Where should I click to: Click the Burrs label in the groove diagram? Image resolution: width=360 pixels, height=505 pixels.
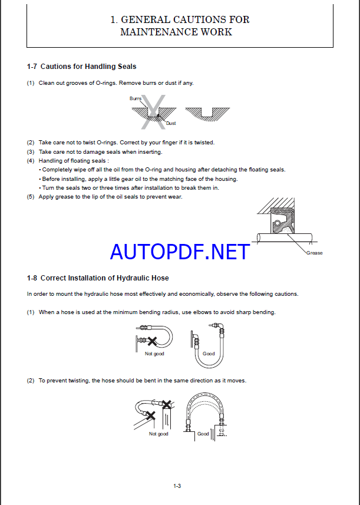[136, 98]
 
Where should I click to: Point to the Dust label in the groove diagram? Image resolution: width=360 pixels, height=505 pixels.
[171, 123]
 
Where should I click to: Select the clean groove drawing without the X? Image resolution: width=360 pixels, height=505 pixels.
[207, 112]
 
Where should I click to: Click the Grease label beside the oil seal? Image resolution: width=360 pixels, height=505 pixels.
[314, 253]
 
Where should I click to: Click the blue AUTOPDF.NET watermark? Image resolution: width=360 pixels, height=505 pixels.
[180, 252]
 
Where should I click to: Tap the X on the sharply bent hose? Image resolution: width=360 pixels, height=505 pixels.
[151, 340]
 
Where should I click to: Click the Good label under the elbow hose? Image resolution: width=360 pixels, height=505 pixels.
[209, 354]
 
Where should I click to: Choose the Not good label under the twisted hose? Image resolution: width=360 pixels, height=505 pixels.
[158, 434]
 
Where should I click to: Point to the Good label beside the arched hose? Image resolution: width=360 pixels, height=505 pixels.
[203, 434]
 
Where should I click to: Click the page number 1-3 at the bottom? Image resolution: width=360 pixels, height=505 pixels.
[177, 486]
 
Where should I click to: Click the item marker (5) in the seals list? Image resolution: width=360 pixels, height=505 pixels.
[31, 197]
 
